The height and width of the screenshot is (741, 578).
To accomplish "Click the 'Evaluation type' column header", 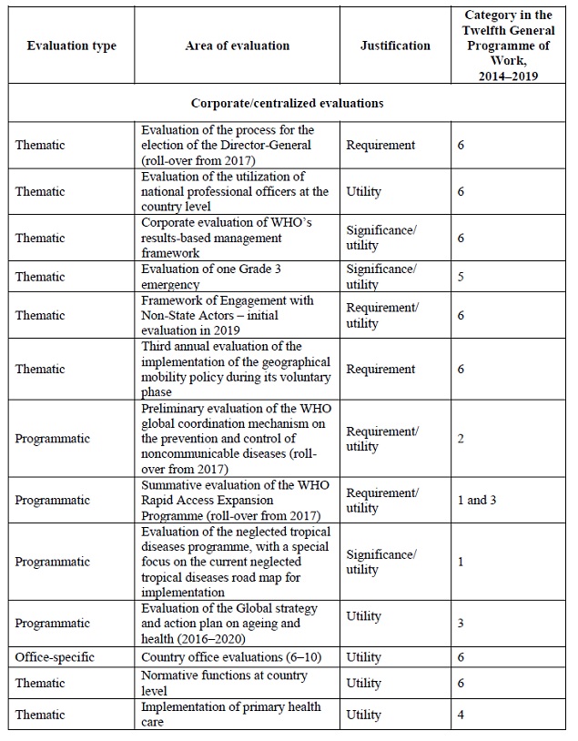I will click(x=71, y=46).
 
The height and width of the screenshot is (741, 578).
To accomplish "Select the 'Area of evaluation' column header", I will click(x=239, y=46).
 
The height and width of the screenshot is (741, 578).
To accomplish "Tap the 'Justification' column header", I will click(x=395, y=46).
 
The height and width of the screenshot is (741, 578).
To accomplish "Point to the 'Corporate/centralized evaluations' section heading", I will click(x=287, y=103).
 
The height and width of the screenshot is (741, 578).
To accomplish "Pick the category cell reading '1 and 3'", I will click(x=476, y=500).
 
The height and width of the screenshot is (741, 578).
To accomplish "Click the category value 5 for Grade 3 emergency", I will click(x=461, y=276).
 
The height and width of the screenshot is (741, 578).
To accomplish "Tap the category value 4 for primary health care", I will click(x=461, y=715).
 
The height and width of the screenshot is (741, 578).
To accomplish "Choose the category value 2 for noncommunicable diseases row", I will click(x=461, y=439).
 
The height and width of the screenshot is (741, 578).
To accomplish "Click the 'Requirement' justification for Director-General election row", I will click(x=380, y=145).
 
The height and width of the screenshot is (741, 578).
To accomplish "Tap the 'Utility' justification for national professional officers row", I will click(x=364, y=191).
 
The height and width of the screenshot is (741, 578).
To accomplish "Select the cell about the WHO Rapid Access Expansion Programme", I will click(x=235, y=500).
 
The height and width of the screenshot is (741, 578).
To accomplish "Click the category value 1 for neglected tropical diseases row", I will click(x=461, y=562).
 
